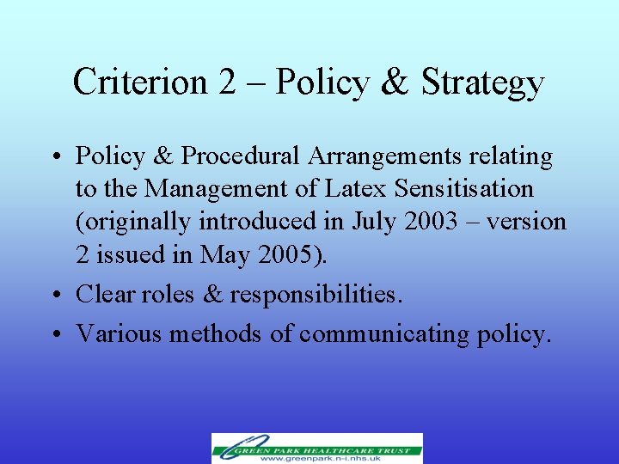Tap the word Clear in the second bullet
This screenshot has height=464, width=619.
pos(107,294)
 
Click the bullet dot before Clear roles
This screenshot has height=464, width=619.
pos(61,295)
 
